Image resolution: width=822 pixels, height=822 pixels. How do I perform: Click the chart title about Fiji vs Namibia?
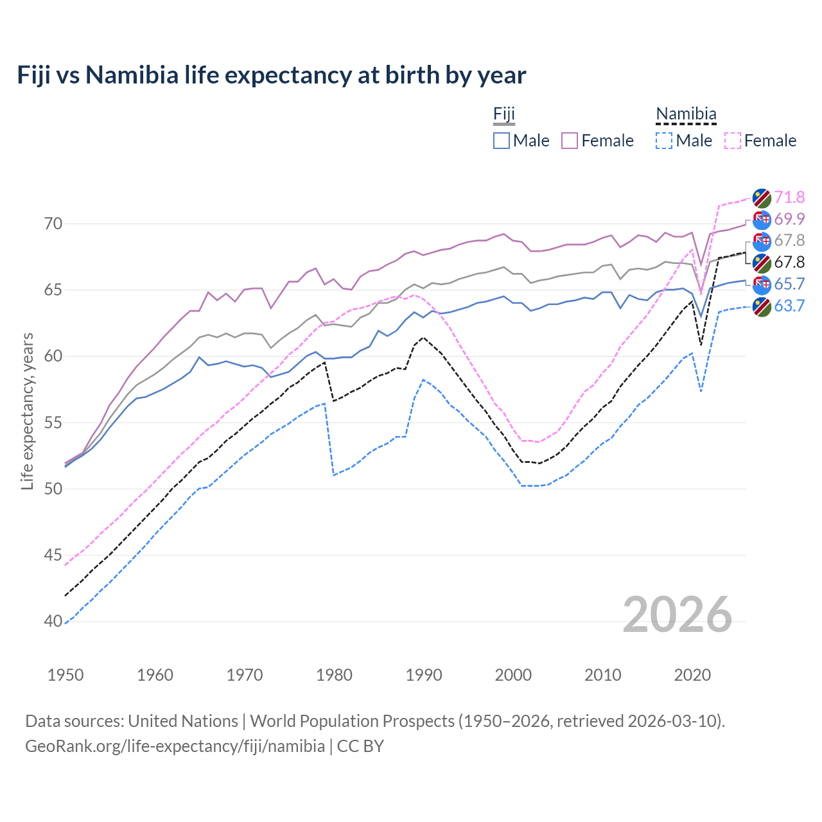click(x=271, y=75)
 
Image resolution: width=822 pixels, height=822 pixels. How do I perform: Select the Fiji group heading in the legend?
click(x=504, y=114)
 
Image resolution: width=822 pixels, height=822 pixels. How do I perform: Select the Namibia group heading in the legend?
click(x=686, y=114)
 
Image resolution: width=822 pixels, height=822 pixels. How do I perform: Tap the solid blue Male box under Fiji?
click(x=502, y=141)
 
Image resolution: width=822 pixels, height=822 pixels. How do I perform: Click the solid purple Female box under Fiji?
click(x=570, y=141)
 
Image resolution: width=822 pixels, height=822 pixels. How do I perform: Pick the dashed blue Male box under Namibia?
click(x=664, y=141)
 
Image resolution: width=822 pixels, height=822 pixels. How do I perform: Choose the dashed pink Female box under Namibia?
click(x=733, y=141)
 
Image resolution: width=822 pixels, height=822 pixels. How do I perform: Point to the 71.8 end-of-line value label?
click(x=789, y=197)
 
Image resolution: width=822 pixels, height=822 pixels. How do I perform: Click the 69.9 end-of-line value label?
click(x=789, y=219)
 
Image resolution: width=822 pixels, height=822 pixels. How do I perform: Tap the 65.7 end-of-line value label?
click(x=789, y=284)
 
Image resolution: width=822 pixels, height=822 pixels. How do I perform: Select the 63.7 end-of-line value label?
click(x=789, y=306)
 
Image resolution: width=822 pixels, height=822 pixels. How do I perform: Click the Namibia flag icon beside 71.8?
click(x=762, y=198)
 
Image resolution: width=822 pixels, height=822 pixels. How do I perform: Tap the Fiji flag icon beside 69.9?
click(x=762, y=220)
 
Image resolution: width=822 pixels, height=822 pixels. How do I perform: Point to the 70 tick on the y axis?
click(x=53, y=223)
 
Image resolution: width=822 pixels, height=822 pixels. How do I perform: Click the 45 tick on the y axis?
click(x=53, y=555)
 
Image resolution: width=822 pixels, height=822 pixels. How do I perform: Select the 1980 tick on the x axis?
click(x=335, y=675)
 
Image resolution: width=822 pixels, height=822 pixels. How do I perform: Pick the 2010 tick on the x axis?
click(x=602, y=675)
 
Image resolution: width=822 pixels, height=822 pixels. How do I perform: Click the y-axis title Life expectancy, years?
click(x=28, y=411)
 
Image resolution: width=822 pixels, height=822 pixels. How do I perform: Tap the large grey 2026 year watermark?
click(x=678, y=615)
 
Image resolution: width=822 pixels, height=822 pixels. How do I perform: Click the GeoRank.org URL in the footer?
click(x=175, y=746)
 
